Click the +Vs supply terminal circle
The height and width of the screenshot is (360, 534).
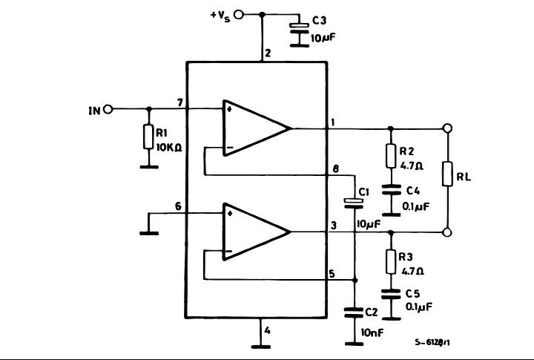[239, 15]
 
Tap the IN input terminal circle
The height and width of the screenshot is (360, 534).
[108, 109]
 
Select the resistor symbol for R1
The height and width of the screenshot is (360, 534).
[148, 137]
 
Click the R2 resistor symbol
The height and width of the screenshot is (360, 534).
[391, 156]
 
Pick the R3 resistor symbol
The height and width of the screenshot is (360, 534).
[391, 261]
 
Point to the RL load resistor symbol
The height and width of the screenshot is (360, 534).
[447, 174]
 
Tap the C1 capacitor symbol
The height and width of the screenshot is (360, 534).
[355, 203]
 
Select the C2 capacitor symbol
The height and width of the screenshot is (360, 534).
[355, 312]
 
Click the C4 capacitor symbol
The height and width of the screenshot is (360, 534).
[392, 189]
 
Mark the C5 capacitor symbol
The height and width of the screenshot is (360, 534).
[391, 294]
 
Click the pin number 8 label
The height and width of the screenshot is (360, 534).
[336, 169]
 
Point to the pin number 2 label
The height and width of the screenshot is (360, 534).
[268, 53]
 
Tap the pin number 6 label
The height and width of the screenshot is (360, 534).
[178, 206]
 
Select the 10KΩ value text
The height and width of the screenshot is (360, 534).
[169, 147]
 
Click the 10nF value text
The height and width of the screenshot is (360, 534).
[372, 332]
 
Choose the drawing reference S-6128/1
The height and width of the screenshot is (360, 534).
[432, 342]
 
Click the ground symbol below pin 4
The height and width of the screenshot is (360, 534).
[261, 347]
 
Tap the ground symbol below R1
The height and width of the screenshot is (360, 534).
[149, 167]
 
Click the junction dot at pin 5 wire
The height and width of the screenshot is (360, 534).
[355, 281]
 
